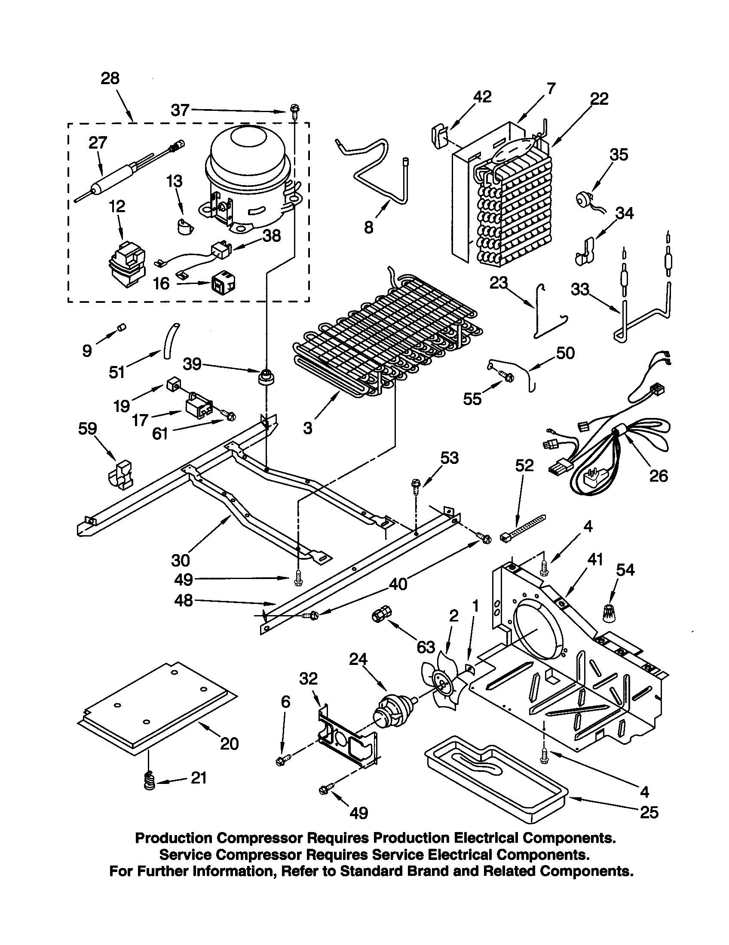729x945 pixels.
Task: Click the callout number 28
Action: click(110, 79)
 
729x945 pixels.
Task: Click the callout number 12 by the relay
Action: click(117, 206)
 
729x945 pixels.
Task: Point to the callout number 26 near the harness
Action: click(658, 476)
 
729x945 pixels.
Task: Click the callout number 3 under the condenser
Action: click(307, 428)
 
